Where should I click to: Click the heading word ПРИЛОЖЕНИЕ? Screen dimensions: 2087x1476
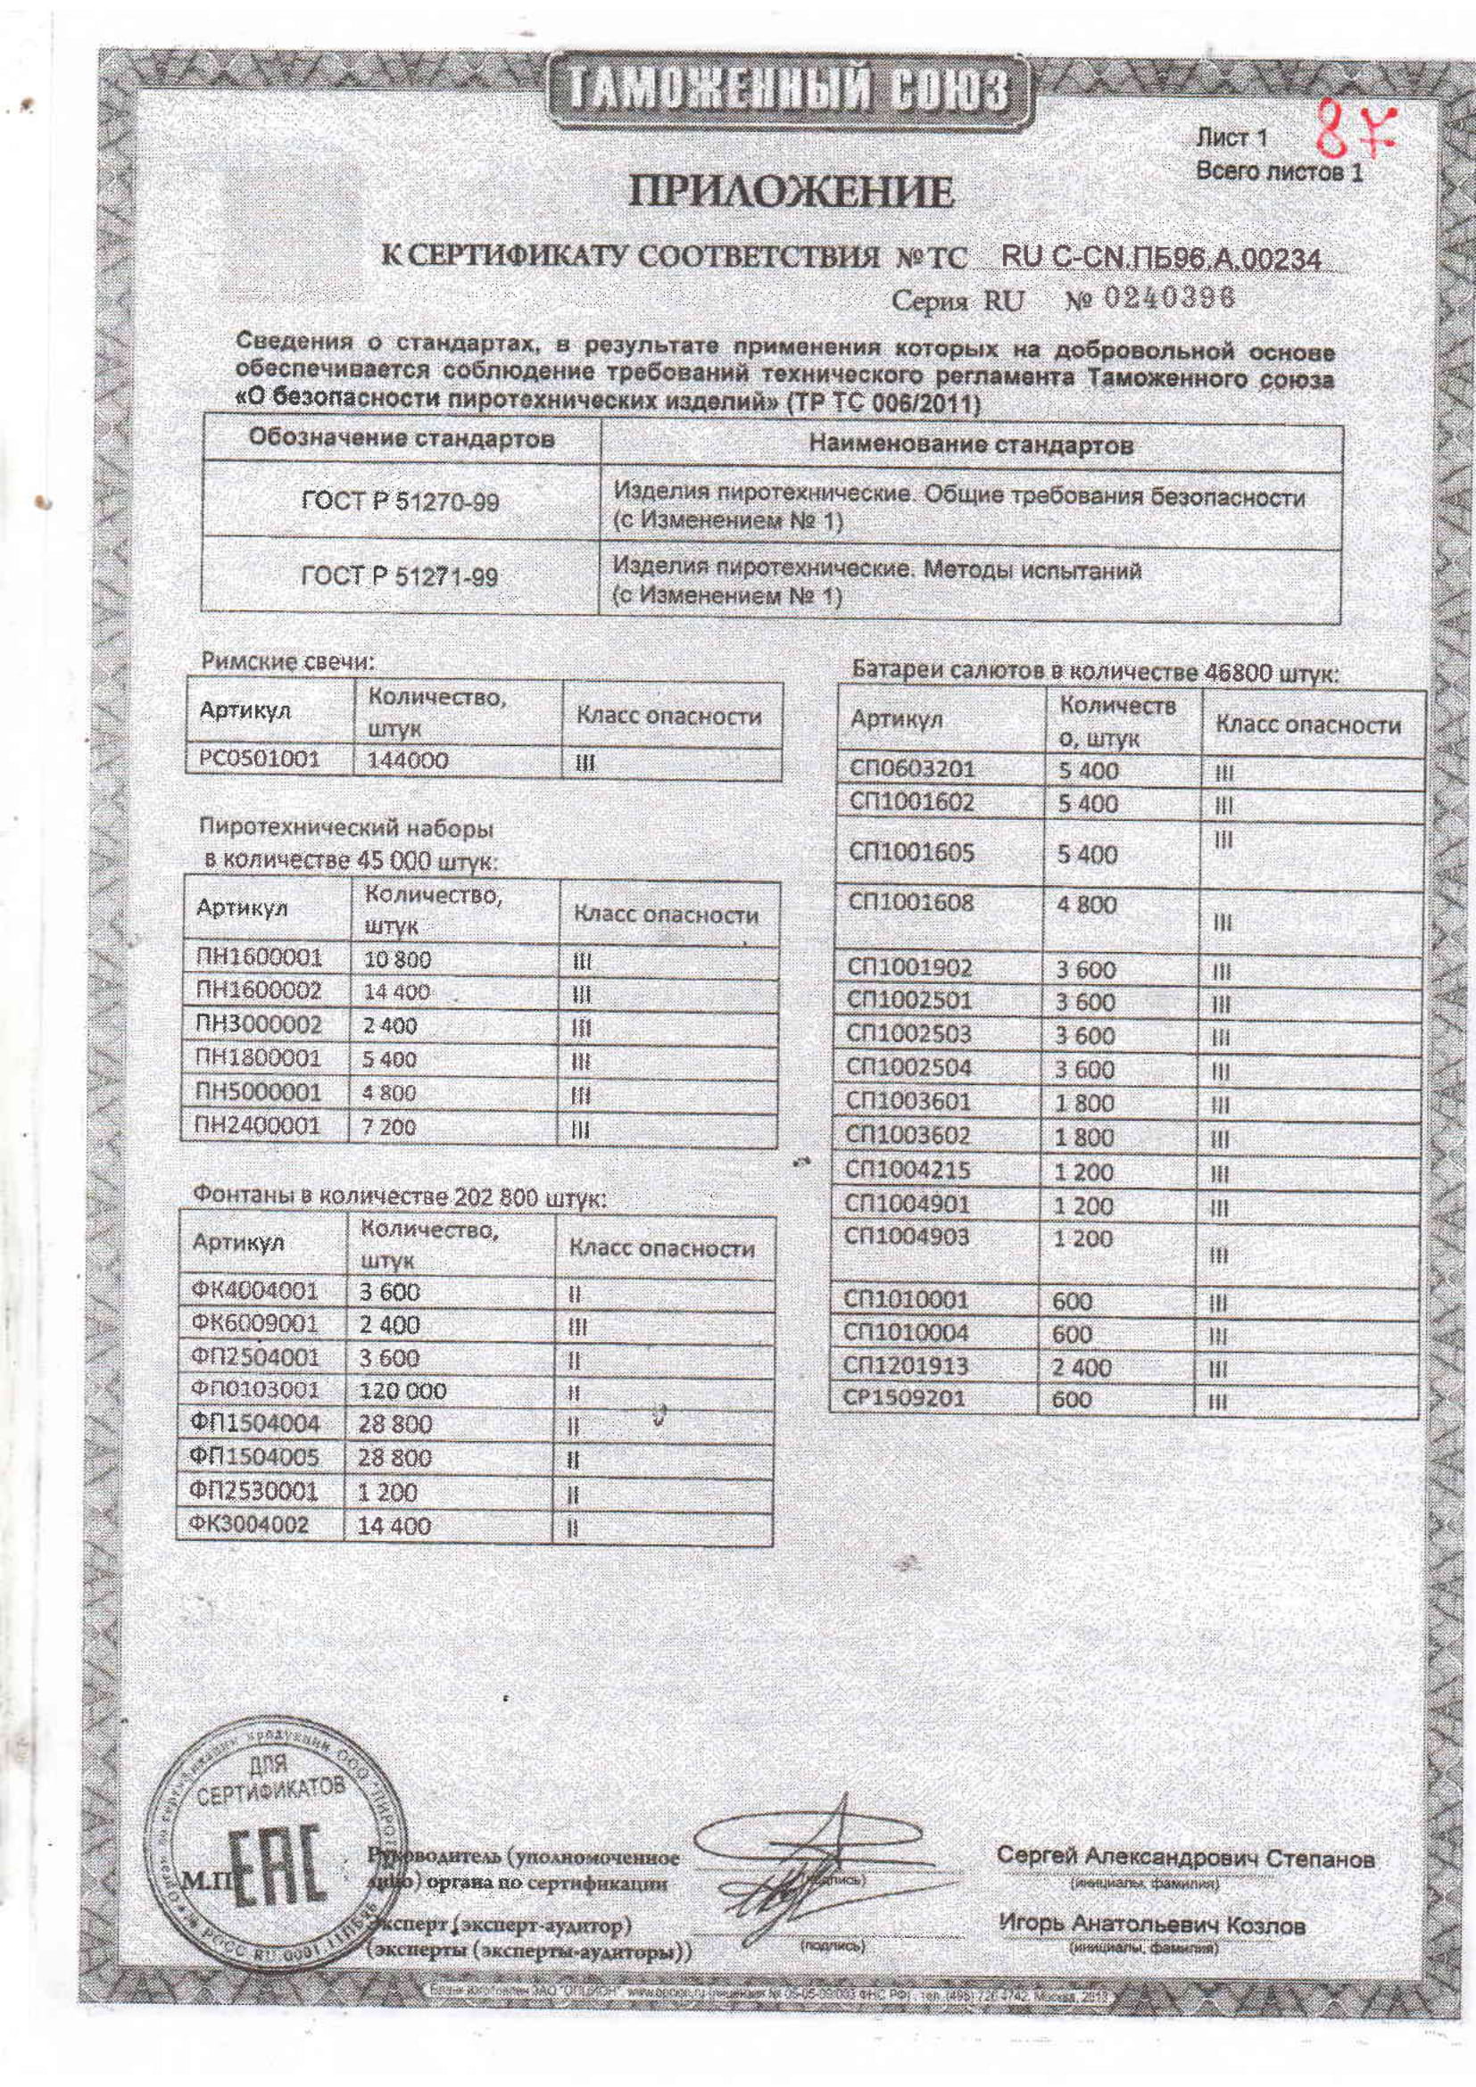[x=793, y=193]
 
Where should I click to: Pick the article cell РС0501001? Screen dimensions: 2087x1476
[x=257, y=759]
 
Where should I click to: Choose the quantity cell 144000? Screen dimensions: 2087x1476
[x=408, y=760]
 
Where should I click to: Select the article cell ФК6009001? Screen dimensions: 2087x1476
[x=254, y=1324]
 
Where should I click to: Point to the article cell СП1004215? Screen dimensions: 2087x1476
[x=908, y=1171]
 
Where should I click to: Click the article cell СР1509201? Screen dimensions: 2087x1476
[x=904, y=1398]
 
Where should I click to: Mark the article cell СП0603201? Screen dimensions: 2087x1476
[x=911, y=769]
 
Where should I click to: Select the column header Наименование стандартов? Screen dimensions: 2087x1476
[x=971, y=444]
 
